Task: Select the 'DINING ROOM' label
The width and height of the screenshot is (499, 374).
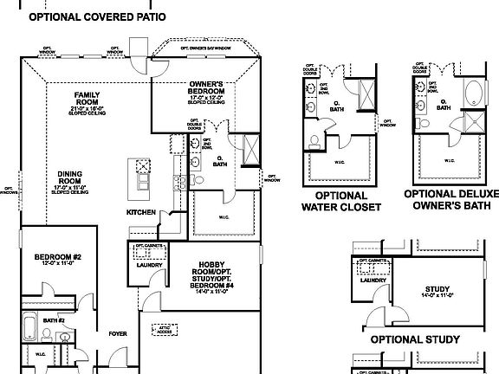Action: pyautogui.click(x=71, y=177)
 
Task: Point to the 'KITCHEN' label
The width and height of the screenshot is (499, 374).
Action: pyautogui.click(x=141, y=211)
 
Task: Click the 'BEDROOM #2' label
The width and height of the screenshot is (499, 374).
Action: pyautogui.click(x=58, y=257)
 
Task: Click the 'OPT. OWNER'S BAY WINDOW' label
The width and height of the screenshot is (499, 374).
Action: pyautogui.click(x=205, y=48)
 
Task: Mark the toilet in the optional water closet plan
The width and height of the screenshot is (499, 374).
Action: pyautogui.click(x=315, y=139)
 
